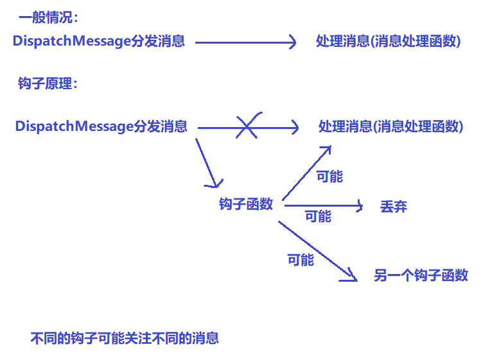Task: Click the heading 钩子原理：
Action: tap(48, 83)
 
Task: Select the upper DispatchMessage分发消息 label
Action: tap(99, 42)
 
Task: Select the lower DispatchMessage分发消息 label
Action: tap(101, 126)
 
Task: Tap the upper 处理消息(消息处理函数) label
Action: tap(389, 42)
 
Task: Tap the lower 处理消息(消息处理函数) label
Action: tap(391, 126)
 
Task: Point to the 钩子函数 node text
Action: tap(246, 204)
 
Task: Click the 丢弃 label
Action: tap(394, 207)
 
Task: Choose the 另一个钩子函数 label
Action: tap(421, 276)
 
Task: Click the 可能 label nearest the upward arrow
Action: tap(329, 176)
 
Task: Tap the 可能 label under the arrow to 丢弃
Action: tap(318, 216)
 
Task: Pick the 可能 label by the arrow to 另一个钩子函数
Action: tap(301, 260)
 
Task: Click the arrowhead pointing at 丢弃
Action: tap(360, 206)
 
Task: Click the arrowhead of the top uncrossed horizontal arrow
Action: tap(292, 43)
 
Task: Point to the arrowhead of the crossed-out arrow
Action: tap(295, 128)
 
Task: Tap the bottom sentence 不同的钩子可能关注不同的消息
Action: tap(125, 338)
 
